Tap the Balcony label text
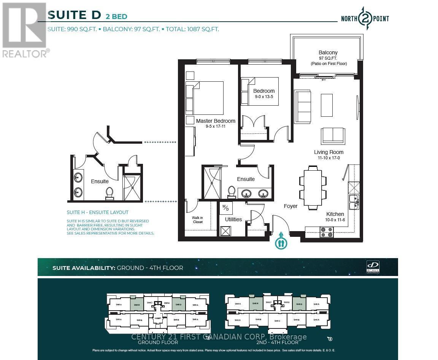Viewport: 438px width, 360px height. click(328, 52)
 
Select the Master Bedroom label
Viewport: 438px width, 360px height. click(216, 121)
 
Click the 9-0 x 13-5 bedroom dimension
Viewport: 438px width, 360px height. click(263, 97)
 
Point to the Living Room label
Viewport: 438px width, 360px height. click(328, 152)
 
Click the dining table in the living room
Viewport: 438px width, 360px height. click(313, 187)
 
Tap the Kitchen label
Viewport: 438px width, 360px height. click(335, 214)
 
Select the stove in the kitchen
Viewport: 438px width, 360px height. click(326, 232)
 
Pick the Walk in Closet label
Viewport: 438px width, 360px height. click(198, 220)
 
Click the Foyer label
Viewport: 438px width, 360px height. click(290, 206)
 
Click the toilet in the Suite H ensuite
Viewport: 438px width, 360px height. click(109, 193)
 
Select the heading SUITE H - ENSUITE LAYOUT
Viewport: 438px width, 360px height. click(98, 213)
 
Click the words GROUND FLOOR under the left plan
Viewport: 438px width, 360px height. click(157, 342)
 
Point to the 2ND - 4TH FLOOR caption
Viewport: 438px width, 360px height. click(277, 342)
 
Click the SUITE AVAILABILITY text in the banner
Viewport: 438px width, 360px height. click(84, 268)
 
